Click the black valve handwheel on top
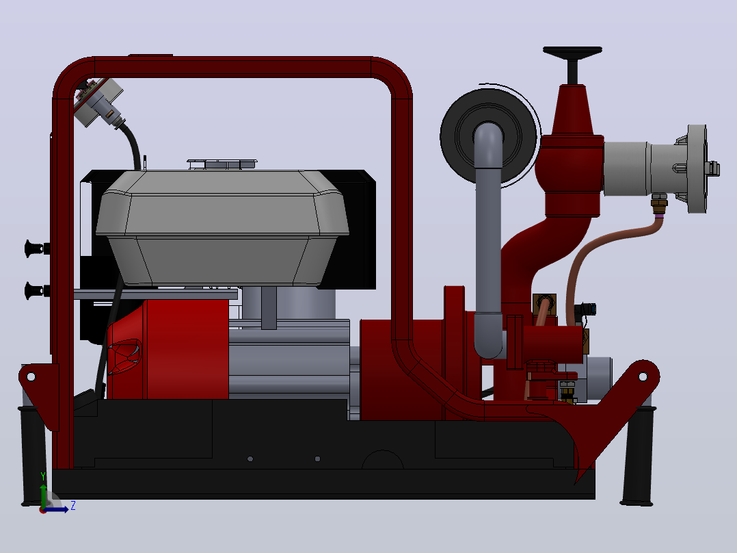572,51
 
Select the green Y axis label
43,476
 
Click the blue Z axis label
73,506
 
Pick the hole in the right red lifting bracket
643,376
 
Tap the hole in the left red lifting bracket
31,376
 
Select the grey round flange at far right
697,168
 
